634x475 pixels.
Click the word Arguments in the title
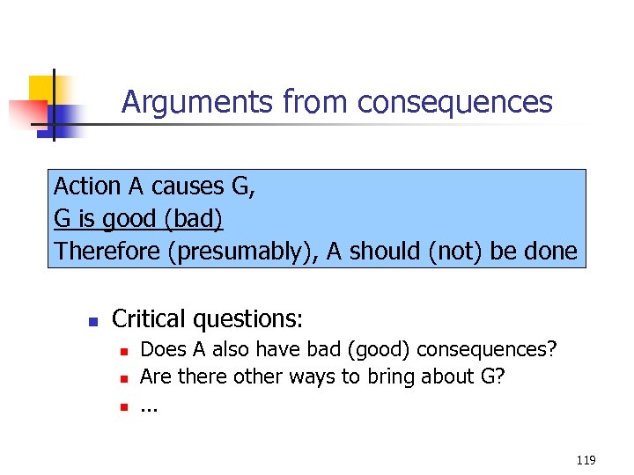(199, 103)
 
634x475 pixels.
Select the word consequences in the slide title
(455, 103)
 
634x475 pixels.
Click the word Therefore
(107, 252)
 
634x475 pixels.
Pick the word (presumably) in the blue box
(242, 252)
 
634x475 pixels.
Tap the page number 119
(586, 460)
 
